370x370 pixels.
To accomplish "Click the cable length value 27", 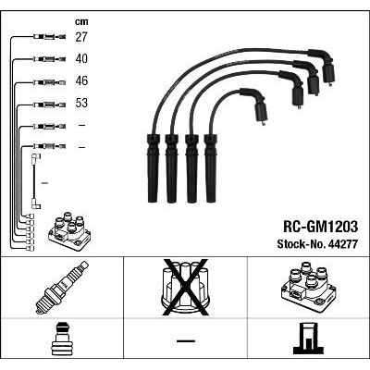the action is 81,37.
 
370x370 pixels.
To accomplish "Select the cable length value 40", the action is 81,58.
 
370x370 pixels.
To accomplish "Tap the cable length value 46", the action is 81,80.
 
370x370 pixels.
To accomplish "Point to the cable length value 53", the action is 81,103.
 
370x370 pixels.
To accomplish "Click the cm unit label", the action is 81,22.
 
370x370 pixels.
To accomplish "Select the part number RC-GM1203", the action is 321,227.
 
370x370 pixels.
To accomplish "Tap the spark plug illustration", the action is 62,288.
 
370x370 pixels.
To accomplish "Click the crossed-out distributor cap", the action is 185,288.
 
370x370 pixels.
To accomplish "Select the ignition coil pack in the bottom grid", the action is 308,288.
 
